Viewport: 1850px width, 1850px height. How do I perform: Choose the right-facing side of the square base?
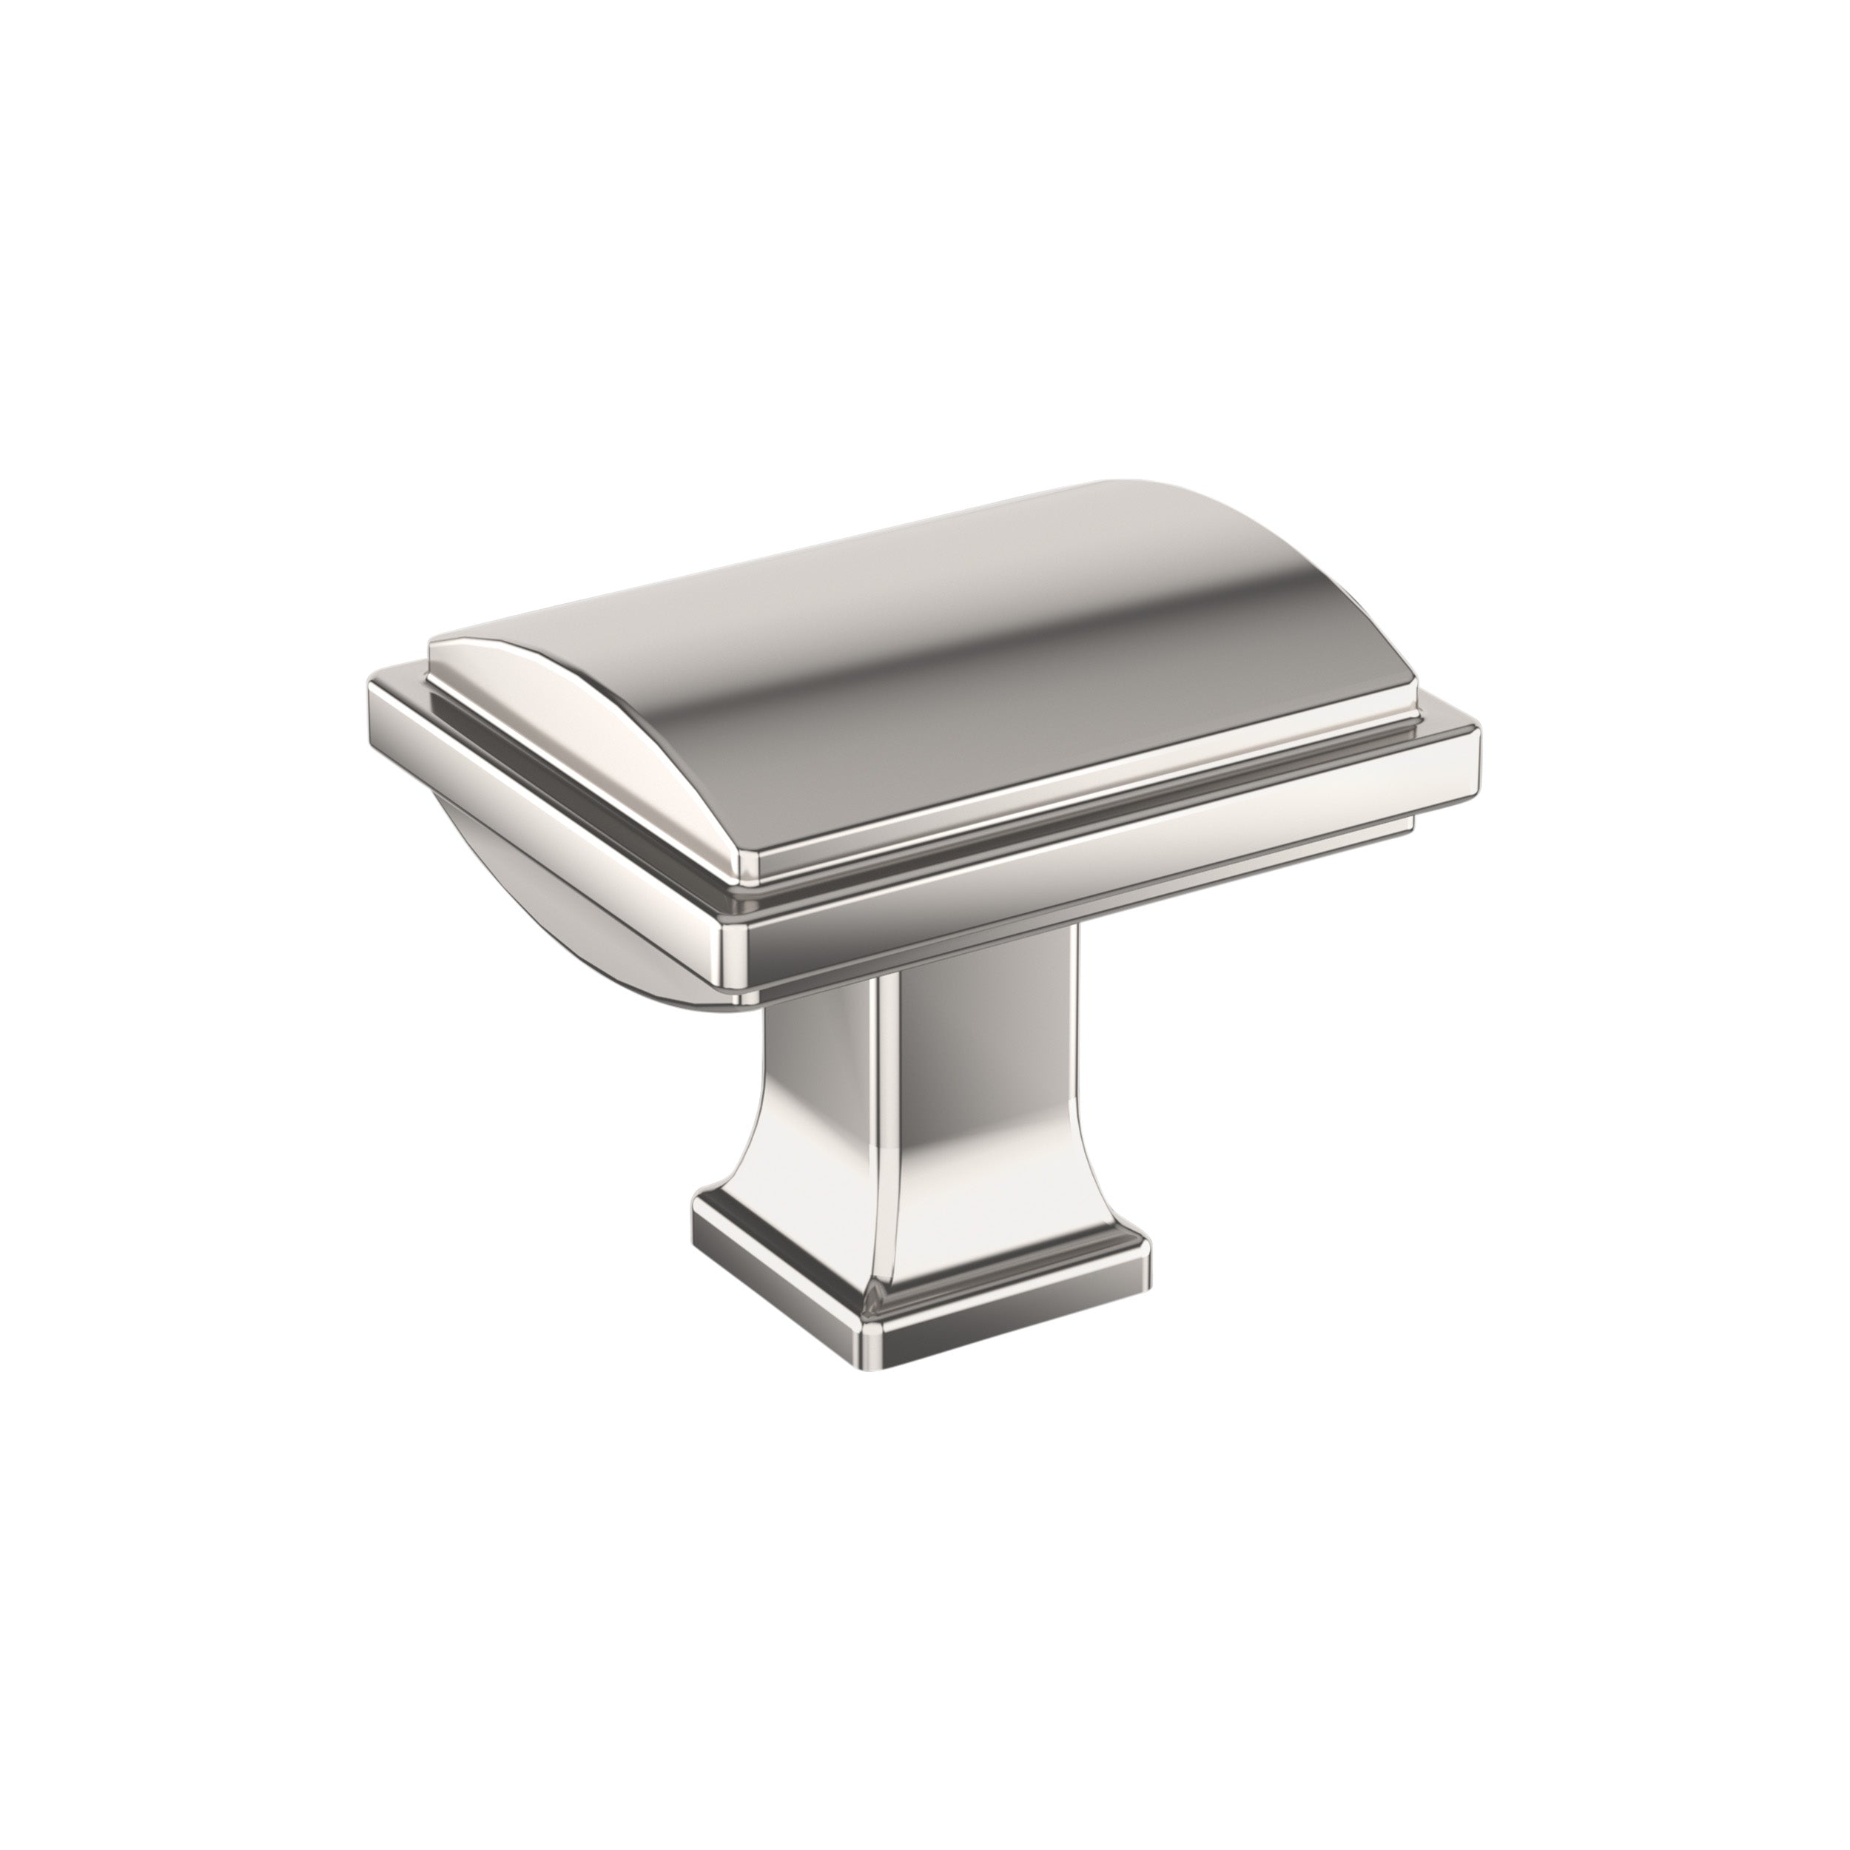point(1015,1316)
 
